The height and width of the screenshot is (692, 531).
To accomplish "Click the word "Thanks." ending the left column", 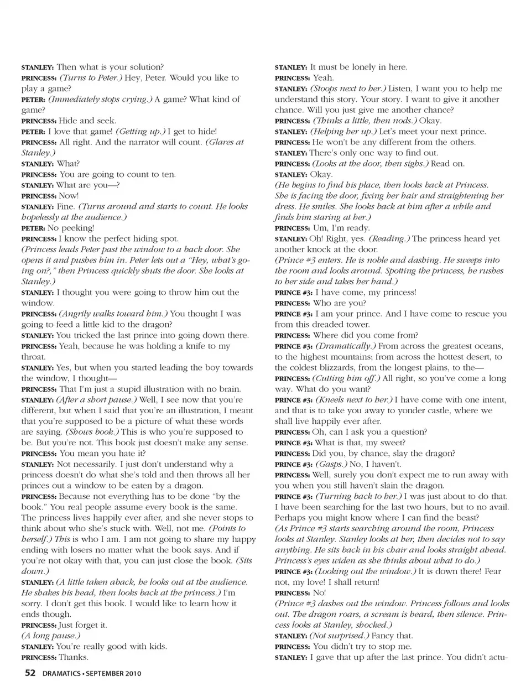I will [74, 657].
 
